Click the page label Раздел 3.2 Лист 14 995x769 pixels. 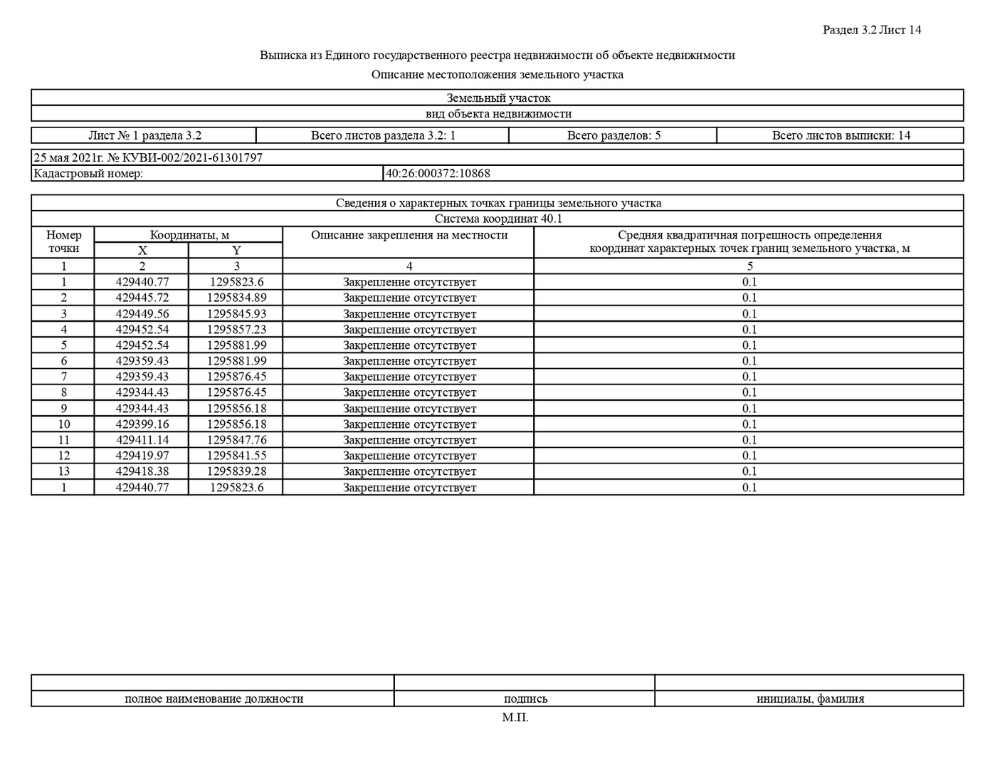[871, 30]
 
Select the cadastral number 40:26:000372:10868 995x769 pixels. [438, 173]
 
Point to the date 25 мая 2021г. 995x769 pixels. [68, 157]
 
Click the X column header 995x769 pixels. [142, 251]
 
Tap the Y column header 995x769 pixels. [236, 251]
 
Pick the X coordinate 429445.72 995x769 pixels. [142, 298]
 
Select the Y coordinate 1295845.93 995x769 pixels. [237, 314]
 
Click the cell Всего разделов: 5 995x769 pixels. [614, 135]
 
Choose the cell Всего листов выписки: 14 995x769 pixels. [841, 135]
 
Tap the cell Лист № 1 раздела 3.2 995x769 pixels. [144, 135]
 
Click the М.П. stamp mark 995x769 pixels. [515, 717]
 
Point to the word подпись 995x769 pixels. [525, 699]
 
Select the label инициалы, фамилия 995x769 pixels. [810, 699]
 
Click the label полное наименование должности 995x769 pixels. [214, 699]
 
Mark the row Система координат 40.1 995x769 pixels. [498, 219]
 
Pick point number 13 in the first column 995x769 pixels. [64, 471]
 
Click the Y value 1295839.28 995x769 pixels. [237, 471]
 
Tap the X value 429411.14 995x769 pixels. [142, 440]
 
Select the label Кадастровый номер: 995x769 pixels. [88, 173]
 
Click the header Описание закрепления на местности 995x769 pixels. [409, 235]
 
